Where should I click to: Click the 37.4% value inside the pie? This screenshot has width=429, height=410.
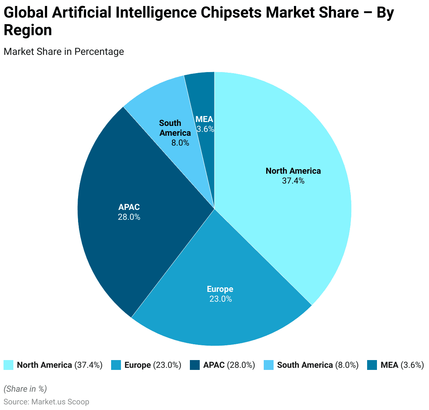293,181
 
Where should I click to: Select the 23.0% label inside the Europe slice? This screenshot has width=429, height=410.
220,299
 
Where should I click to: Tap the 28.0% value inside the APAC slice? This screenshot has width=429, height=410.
129,217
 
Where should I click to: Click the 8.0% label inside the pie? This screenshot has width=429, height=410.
180,143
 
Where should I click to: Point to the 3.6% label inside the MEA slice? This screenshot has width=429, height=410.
205,129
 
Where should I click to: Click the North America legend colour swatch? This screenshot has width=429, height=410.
8,365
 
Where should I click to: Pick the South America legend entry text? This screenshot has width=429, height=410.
318,365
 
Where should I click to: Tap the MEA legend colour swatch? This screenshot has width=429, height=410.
372,365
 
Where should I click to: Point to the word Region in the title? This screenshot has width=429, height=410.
28,30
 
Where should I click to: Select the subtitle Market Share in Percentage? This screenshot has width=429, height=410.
64,52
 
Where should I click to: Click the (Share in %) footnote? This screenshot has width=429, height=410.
25,389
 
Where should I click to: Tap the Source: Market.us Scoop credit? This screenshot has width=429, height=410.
46,402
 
